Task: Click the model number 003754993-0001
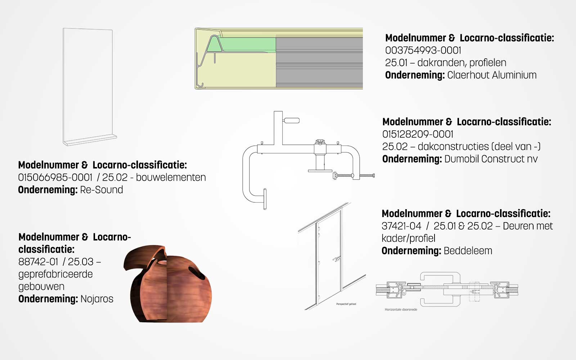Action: [423, 50]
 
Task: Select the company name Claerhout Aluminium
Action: [492, 75]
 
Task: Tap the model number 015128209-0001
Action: [418, 134]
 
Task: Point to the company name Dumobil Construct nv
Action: [491, 159]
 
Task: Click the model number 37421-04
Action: [401, 226]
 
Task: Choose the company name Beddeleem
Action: [468, 251]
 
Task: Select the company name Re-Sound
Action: [102, 190]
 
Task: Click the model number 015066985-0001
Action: [55, 177]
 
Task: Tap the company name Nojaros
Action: [97, 299]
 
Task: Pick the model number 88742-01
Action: [38, 262]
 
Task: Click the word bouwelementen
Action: [171, 177]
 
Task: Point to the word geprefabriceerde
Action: [55, 274]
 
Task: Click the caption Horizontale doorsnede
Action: [401, 310]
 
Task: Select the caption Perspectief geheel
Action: [346, 304]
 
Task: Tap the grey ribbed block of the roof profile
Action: [319, 62]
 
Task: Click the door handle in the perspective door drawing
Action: [336, 259]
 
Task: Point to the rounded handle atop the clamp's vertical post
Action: [291, 120]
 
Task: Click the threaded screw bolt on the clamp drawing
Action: [354, 176]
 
